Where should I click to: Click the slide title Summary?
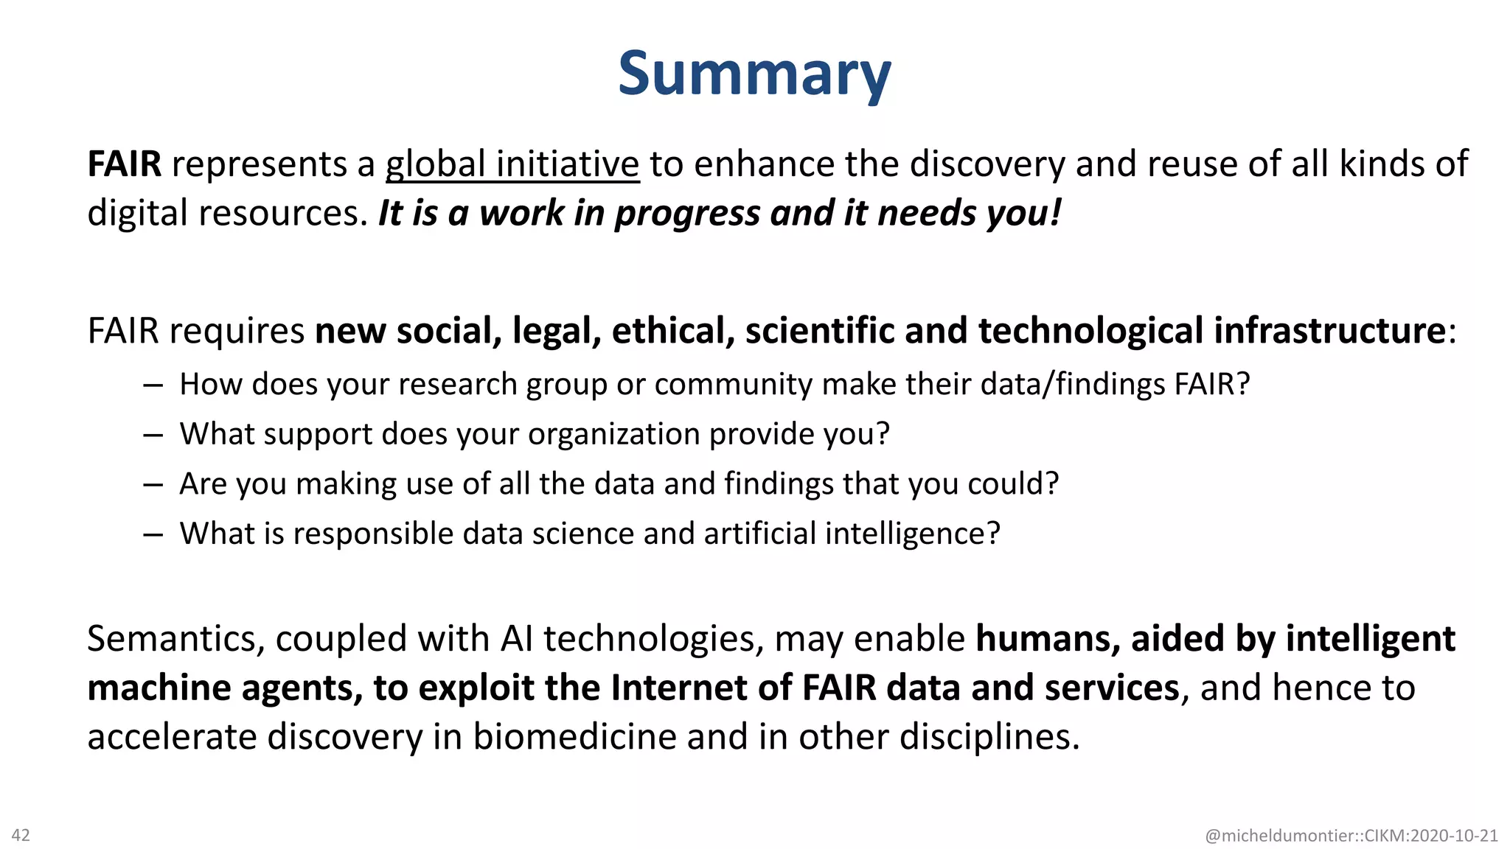(754, 74)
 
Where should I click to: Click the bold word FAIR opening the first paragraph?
(124, 164)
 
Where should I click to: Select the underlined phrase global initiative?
(512, 164)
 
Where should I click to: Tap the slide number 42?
(21, 835)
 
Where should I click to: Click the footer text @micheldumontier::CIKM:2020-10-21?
(1351, 836)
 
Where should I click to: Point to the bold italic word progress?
(687, 214)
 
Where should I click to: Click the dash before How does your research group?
(153, 385)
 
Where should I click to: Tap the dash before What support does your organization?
(153, 435)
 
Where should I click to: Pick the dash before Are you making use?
(153, 484)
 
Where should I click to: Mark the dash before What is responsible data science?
(153, 534)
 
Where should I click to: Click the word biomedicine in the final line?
(574, 737)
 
